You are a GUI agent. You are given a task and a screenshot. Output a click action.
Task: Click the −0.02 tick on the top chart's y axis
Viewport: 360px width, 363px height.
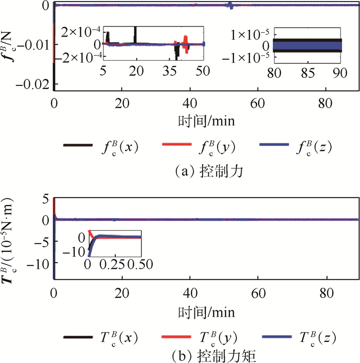click(x=35, y=86)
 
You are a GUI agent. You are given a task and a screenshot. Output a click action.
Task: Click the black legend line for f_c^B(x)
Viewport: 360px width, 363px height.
click(x=77, y=147)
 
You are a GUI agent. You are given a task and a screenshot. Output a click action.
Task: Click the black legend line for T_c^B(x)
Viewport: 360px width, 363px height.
click(x=77, y=337)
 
